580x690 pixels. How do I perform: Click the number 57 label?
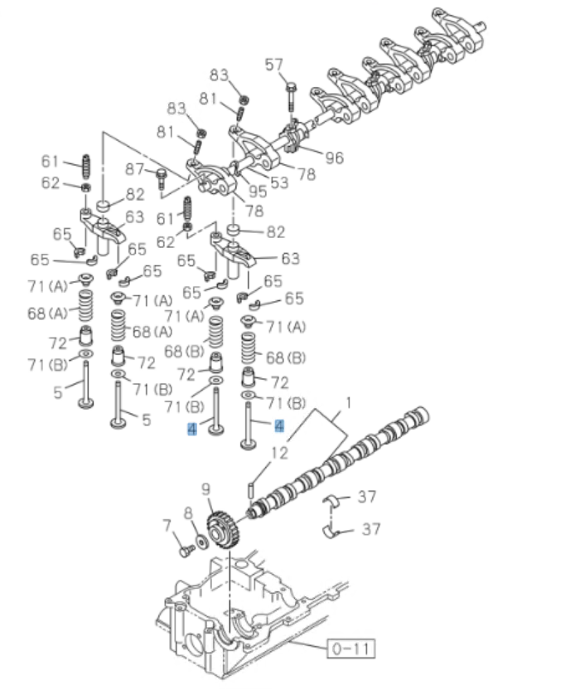[x=273, y=65]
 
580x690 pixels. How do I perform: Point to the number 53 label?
[x=279, y=182]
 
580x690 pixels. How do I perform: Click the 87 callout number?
[x=135, y=169]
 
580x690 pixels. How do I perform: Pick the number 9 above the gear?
[x=206, y=489]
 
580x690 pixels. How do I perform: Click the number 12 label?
[x=280, y=453]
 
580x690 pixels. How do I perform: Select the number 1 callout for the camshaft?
[x=348, y=402]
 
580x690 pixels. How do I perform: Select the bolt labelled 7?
[x=183, y=548]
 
